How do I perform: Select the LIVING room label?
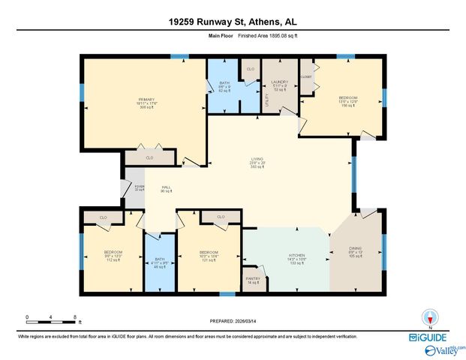click(257, 158)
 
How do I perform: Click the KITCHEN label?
click(296, 255)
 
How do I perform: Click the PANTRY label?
click(253, 278)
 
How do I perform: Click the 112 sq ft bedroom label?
click(113, 252)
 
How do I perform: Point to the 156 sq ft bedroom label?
click(347, 98)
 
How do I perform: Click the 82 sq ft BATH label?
click(224, 83)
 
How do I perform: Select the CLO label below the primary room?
click(149, 158)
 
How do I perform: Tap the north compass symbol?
click(430, 317)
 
